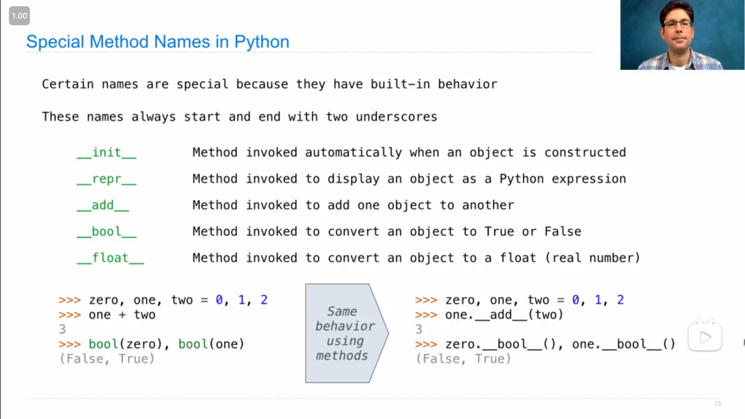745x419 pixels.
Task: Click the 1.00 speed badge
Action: (x=19, y=16)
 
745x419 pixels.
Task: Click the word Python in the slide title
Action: (x=262, y=42)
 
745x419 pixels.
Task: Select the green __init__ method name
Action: (x=107, y=153)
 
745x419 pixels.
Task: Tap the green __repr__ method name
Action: (x=107, y=179)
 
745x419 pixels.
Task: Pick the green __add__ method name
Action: (x=103, y=206)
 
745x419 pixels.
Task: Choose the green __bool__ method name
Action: (x=107, y=232)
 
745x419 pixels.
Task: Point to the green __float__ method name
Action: (x=110, y=258)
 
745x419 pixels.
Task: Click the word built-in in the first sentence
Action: (x=400, y=84)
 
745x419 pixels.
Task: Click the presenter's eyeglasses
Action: (x=677, y=23)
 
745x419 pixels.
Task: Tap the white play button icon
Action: (x=705, y=337)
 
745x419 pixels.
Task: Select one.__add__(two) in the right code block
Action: (x=504, y=315)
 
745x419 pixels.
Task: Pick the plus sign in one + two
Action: (x=122, y=315)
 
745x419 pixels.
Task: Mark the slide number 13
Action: (x=717, y=403)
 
